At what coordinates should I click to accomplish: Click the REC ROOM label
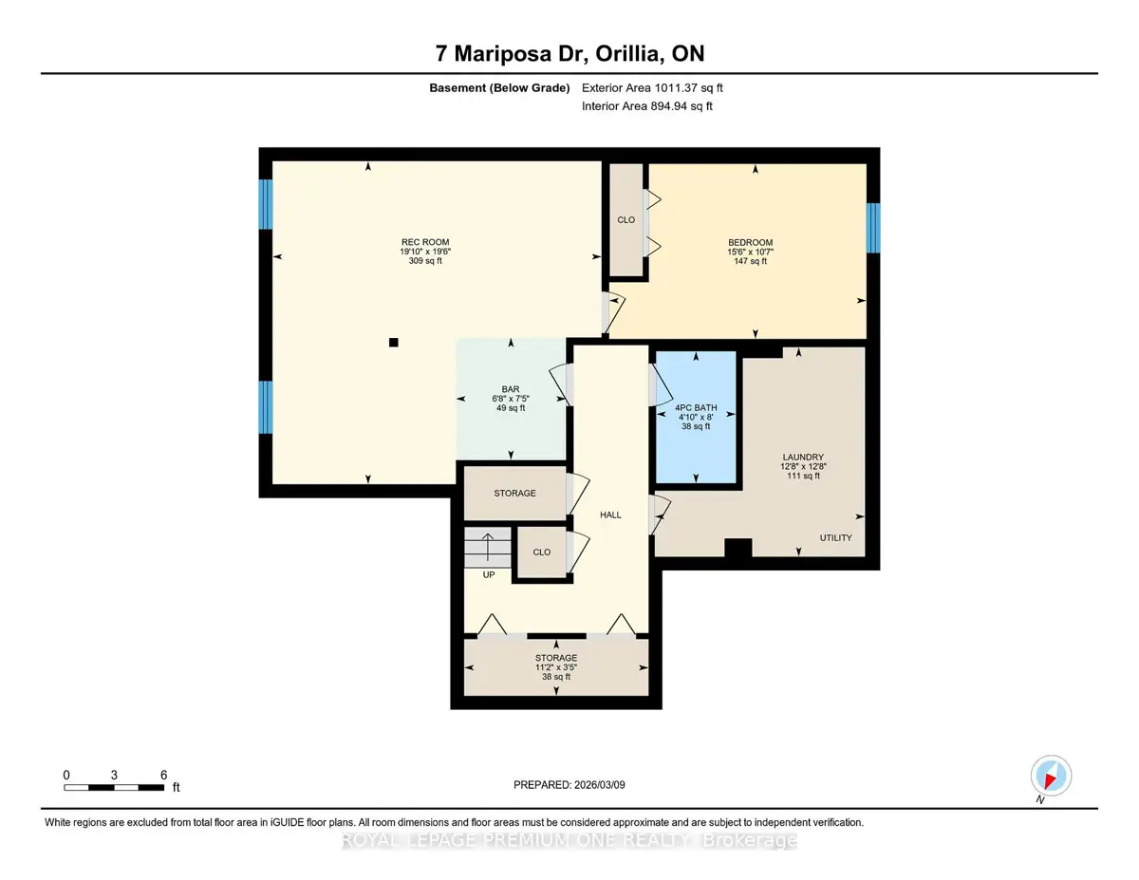425,242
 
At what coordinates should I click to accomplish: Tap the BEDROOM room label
750,243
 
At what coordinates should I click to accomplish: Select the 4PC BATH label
696,408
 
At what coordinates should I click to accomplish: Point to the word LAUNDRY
803,457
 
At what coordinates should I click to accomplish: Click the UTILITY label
835,537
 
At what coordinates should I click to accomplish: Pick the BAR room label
511,389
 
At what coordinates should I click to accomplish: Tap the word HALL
610,515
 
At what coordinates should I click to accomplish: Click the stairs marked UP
488,547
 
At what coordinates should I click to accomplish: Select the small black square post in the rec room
394,343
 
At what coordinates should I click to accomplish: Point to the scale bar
114,787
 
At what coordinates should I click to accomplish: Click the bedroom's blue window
872,228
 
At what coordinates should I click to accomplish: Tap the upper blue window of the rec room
266,204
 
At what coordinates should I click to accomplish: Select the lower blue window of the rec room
266,407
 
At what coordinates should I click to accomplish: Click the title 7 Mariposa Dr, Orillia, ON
569,53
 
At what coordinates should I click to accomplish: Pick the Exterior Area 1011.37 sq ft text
652,88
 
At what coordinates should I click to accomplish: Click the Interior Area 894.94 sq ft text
646,106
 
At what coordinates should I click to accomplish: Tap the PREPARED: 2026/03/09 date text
569,785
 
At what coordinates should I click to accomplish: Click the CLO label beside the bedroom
626,220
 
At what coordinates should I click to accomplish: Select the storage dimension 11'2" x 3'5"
556,667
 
